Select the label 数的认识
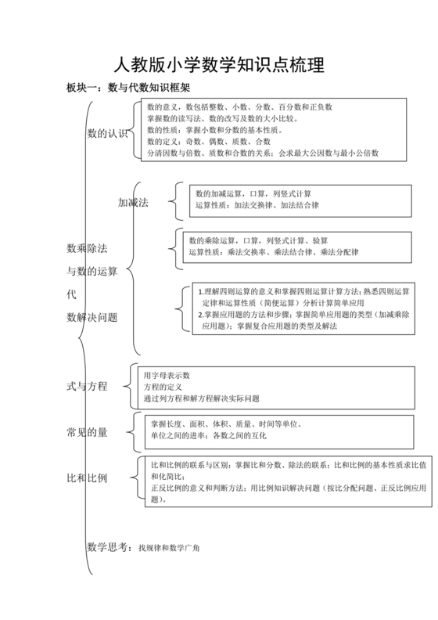[106, 134]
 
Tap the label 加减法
[133, 202]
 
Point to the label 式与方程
[87, 387]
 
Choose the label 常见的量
[87, 432]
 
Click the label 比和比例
[87, 478]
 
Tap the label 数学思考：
[109, 547]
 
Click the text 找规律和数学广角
[169, 548]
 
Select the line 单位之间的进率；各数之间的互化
[212, 435]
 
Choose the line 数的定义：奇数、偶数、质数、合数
[209, 142]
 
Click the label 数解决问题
[92, 317]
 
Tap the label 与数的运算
[92, 272]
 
